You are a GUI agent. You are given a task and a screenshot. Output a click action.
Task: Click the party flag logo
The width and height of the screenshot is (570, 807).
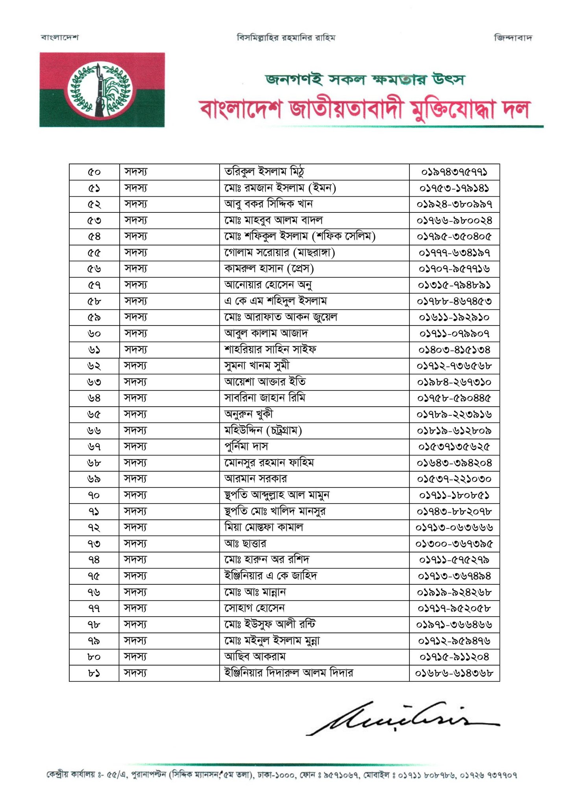[102, 90]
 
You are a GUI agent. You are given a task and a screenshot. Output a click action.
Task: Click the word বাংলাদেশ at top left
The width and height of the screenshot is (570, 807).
[60, 38]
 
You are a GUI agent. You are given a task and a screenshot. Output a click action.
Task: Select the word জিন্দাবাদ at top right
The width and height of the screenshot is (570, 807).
[513, 38]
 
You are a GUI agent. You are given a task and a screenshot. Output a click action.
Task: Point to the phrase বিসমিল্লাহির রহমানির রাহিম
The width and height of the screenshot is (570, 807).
[286, 38]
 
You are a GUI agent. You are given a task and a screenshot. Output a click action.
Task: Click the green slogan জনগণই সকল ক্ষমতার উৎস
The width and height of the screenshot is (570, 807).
[365, 80]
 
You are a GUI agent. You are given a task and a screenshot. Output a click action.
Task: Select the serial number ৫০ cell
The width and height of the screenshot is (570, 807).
[94, 172]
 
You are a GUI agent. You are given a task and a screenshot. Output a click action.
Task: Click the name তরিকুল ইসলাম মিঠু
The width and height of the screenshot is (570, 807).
[264, 172]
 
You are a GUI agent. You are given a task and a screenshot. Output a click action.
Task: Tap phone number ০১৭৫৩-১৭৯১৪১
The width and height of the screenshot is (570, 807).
[454, 188]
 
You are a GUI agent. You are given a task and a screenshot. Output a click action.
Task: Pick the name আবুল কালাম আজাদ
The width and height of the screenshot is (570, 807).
[266, 333]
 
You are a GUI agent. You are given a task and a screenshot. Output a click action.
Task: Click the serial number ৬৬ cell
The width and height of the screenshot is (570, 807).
[94, 430]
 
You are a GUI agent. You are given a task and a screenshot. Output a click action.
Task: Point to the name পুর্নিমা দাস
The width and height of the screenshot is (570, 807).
[246, 446]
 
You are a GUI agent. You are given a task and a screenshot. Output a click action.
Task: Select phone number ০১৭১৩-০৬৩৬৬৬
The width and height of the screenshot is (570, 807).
[454, 527]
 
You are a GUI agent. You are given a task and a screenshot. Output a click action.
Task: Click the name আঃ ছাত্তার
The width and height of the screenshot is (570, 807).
[245, 543]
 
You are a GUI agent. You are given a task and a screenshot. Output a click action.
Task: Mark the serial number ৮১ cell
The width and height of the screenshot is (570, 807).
[94, 673]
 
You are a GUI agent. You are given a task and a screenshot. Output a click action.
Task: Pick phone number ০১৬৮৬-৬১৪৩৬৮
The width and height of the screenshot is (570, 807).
[454, 673]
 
